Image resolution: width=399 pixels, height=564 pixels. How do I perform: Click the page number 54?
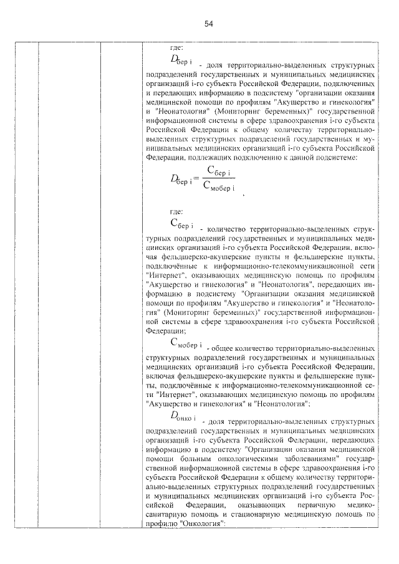click(x=209, y=24)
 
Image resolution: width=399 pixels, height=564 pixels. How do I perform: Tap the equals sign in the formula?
click(x=196, y=179)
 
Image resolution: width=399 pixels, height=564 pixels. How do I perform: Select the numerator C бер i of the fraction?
click(x=219, y=170)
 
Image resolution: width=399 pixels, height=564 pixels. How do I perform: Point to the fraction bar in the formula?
click(x=219, y=179)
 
